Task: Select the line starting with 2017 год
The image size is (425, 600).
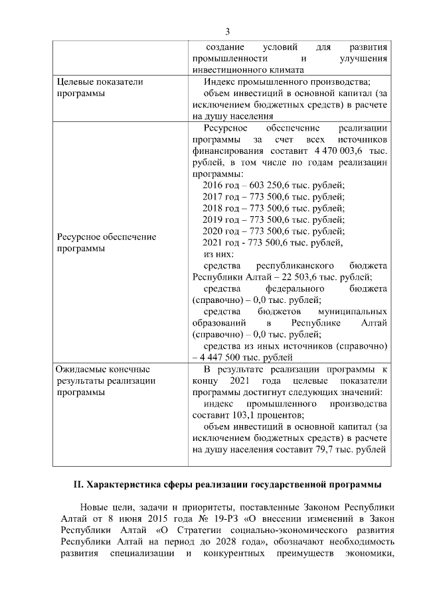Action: [x=274, y=197]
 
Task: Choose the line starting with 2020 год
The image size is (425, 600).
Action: [x=274, y=231]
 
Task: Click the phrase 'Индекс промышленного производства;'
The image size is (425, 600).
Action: [x=287, y=82]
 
